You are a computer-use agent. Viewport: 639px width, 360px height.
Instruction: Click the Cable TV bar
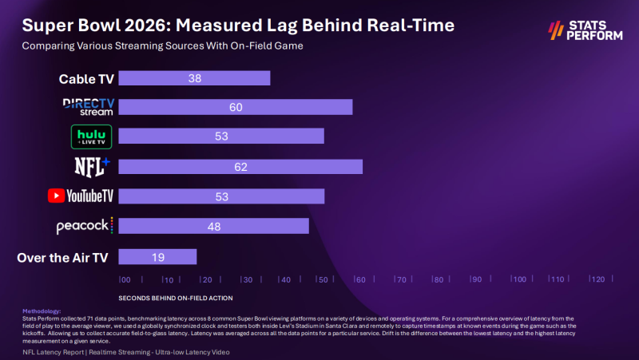(x=195, y=78)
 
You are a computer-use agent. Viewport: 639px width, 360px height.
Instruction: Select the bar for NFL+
(x=240, y=167)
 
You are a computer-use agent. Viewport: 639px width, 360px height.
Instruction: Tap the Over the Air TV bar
(x=157, y=256)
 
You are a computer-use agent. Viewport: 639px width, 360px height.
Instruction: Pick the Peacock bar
(x=214, y=227)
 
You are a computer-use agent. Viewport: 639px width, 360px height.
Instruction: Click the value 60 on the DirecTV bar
(x=236, y=108)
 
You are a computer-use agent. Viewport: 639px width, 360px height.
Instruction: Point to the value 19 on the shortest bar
(x=157, y=256)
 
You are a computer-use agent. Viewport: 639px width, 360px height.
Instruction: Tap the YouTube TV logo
(x=81, y=196)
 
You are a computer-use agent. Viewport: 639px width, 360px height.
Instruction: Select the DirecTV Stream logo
(x=89, y=107)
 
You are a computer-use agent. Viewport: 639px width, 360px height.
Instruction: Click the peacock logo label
(x=85, y=226)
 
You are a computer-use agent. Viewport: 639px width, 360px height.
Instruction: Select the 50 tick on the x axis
(x=322, y=279)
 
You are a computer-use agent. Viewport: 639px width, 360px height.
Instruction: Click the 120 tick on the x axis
(x=596, y=279)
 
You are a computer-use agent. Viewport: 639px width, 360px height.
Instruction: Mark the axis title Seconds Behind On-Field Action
(x=176, y=298)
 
